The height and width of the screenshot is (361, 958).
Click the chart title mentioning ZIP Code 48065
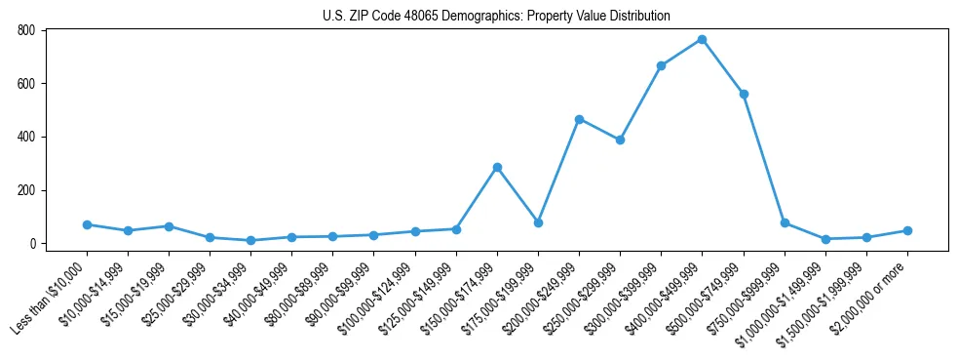click(x=496, y=17)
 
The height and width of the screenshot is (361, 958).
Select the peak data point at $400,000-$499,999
click(x=702, y=39)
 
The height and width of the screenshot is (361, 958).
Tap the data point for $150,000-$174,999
click(x=497, y=167)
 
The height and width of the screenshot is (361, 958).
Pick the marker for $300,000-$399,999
click(x=661, y=65)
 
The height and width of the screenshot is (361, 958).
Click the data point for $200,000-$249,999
click(x=579, y=119)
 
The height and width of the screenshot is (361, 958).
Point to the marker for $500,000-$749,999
click(x=743, y=94)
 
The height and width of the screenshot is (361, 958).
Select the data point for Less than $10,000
click(x=87, y=224)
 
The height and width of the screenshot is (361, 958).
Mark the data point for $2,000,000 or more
click(x=907, y=230)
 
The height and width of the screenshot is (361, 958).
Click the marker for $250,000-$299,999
click(x=620, y=140)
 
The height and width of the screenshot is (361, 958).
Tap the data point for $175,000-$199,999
click(x=538, y=222)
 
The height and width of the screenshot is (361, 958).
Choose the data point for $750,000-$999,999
click(x=785, y=222)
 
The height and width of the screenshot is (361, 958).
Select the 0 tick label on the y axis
click(x=32, y=243)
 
